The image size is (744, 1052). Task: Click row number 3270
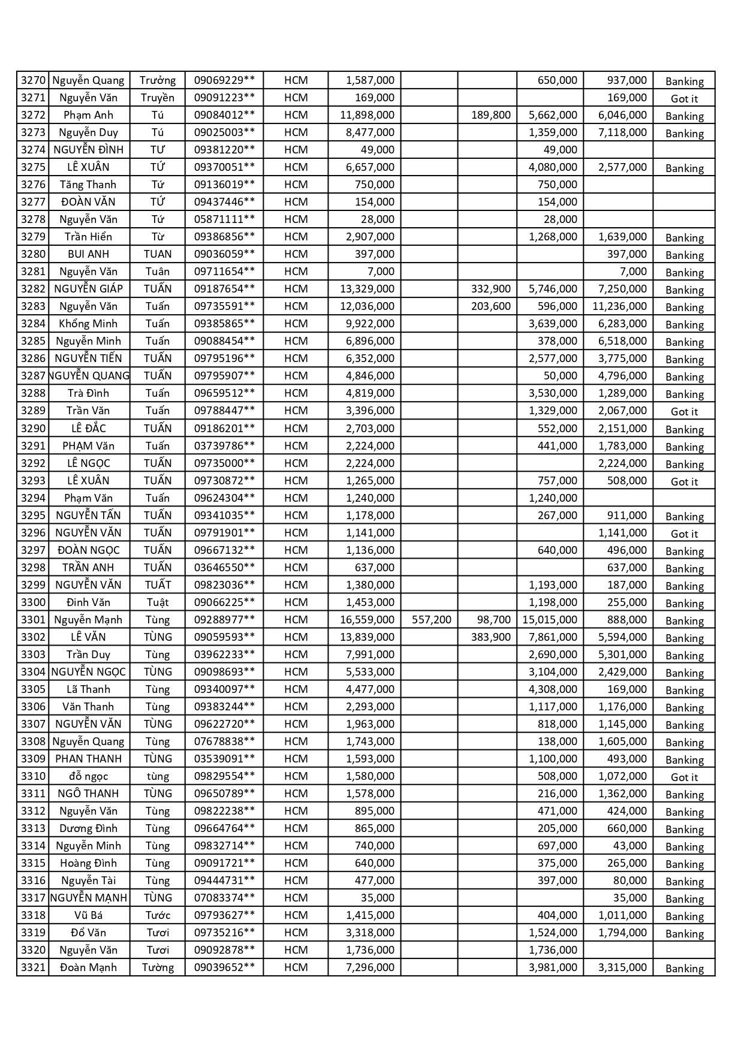coord(33,80)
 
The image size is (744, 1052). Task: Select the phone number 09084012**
coord(224,115)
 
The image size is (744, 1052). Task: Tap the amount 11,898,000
coord(367,115)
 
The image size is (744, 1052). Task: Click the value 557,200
coord(432,620)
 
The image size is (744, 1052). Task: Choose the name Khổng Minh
coord(88,324)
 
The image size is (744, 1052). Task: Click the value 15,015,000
coord(550,620)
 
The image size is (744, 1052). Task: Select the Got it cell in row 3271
coord(684,99)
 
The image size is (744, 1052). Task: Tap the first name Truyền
coord(158,98)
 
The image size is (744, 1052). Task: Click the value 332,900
coord(491,289)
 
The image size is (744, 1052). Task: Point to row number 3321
coord(33,967)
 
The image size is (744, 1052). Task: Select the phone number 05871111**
coord(224,219)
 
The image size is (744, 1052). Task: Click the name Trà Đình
coord(88,393)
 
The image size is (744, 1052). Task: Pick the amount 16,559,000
coord(367,620)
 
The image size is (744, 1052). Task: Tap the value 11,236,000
coord(619,306)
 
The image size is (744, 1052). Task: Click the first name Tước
coord(158,915)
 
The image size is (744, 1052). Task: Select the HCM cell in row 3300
coord(296,602)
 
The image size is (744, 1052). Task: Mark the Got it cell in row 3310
coord(684,777)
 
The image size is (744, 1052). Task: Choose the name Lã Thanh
coord(88,689)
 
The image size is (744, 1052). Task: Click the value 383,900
coord(491,637)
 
